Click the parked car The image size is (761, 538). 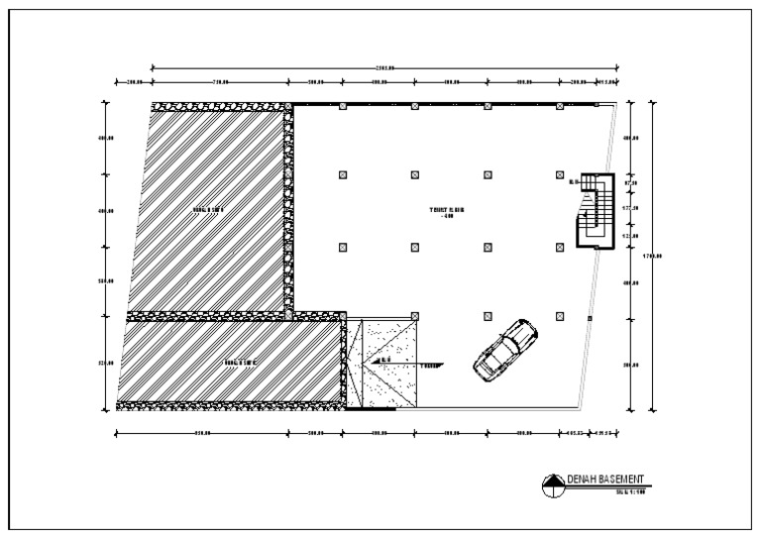point(505,350)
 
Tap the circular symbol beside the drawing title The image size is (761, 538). point(552,484)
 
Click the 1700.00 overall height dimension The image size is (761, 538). point(651,258)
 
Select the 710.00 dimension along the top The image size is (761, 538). point(220,82)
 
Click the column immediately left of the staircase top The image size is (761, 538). point(560,174)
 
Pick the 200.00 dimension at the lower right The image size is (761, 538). point(629,366)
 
